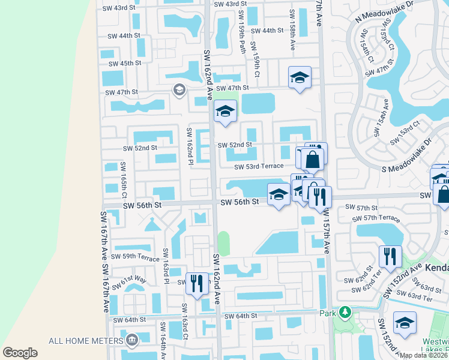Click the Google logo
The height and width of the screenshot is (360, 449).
20,353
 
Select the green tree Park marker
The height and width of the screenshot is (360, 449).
345,312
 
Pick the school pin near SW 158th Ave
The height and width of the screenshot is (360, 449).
300,77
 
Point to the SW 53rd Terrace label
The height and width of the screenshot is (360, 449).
258,166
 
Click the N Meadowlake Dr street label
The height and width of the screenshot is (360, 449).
385,12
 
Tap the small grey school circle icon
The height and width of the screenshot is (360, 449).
179,90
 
